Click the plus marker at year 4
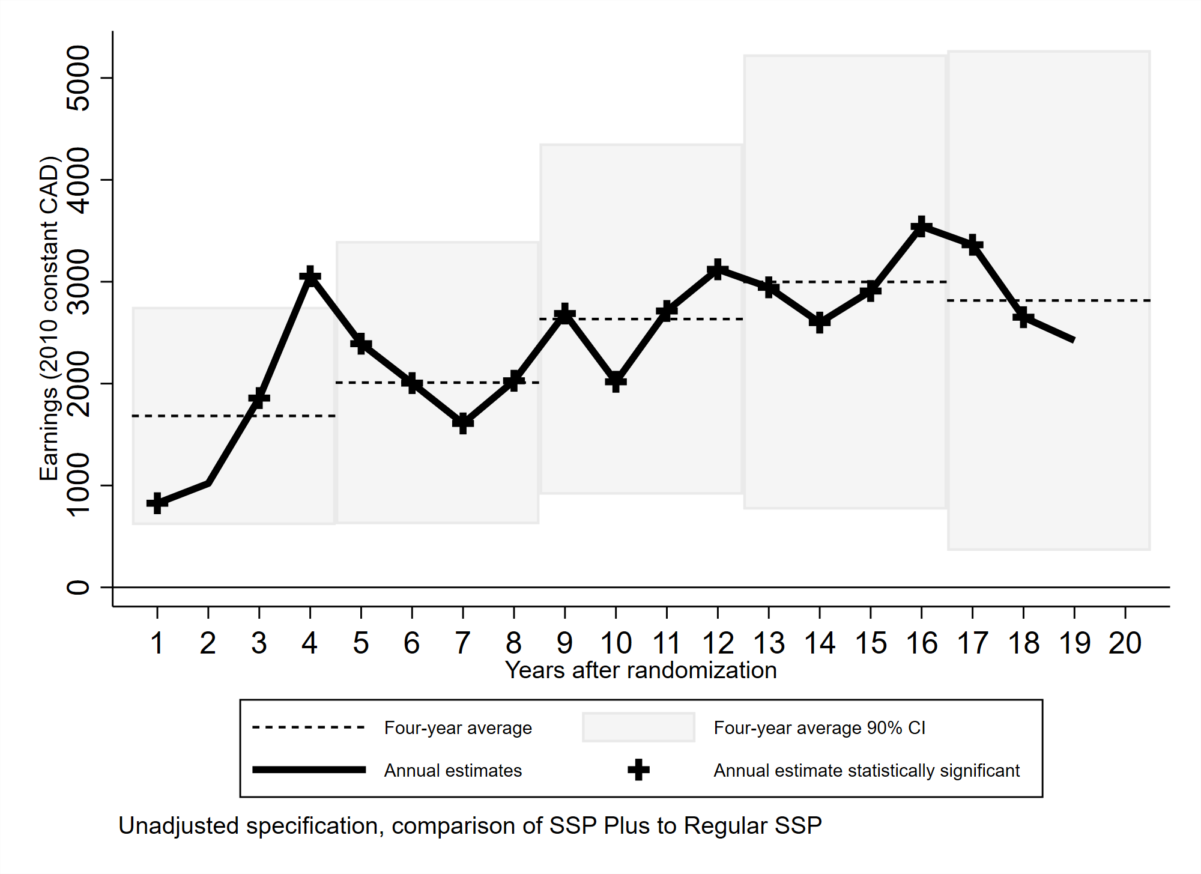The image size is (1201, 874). [310, 277]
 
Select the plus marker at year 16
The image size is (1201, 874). [921, 227]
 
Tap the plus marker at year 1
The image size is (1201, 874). [157, 503]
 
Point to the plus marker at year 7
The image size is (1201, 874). [462, 423]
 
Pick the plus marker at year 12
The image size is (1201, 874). [718, 270]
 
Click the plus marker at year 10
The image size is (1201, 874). [616, 381]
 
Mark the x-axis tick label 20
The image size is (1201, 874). [1125, 644]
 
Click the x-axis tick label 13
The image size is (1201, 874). [769, 644]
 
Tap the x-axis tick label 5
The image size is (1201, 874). [360, 644]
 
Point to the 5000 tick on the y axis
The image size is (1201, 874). [79, 78]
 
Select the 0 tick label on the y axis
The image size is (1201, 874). [79, 587]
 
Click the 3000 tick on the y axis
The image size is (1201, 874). [79, 282]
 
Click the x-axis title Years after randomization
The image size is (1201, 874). [641, 670]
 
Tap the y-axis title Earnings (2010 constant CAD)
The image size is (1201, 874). [49, 318]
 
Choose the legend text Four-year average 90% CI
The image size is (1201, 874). [819, 728]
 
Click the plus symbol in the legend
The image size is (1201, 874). [638, 770]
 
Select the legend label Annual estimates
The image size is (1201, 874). [453, 771]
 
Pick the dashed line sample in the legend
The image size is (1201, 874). [309, 727]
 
